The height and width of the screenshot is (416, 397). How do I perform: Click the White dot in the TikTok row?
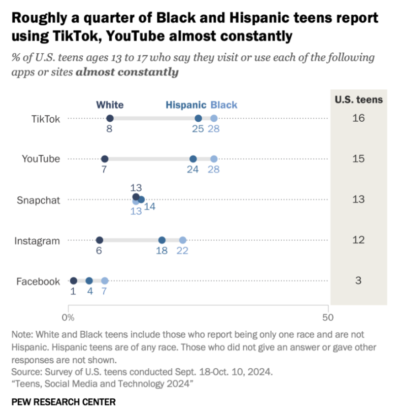110,118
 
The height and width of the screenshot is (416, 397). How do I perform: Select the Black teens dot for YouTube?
214,159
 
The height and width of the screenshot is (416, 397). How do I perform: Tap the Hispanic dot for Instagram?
162,240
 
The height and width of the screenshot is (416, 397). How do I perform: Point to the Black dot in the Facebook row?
105,281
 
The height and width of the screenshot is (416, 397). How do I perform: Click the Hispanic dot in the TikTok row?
198,118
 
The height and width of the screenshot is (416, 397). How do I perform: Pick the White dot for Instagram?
100,240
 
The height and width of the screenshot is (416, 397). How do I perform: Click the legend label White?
110,105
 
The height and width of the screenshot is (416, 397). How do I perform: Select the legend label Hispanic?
186,105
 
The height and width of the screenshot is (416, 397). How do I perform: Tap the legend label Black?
224,105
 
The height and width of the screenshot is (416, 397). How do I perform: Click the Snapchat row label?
38,200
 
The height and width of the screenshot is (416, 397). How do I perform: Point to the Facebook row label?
38,281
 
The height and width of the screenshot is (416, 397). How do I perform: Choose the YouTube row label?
41,159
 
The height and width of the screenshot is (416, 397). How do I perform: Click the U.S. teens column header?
358,99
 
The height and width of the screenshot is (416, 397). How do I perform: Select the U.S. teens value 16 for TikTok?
358,118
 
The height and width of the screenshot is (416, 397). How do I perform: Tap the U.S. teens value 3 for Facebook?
358,281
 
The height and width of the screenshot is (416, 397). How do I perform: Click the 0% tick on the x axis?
68,318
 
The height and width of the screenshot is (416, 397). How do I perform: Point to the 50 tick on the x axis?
328,318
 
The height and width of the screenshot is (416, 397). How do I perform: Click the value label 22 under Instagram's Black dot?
183,251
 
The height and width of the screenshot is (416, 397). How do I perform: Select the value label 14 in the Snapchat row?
149,207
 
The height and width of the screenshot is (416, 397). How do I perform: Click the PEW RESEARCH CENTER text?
63,402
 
